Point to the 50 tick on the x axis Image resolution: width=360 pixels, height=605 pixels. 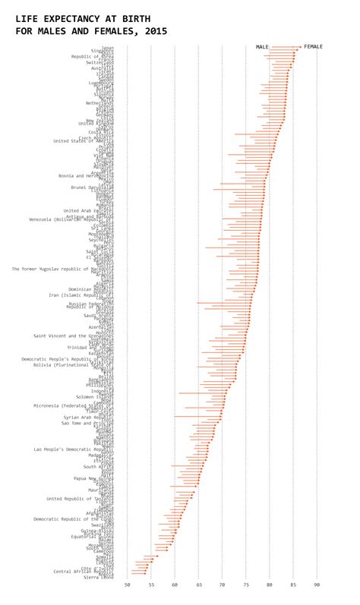127,585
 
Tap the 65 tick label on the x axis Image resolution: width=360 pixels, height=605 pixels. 198,585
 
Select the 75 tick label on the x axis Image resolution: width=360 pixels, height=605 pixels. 246,585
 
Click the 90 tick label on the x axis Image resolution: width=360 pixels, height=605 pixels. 317,585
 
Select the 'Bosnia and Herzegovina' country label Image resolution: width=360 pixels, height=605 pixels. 87,175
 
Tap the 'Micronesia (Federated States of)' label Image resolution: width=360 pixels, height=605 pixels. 74,405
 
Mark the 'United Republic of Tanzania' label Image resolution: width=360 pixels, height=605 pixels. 81,499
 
